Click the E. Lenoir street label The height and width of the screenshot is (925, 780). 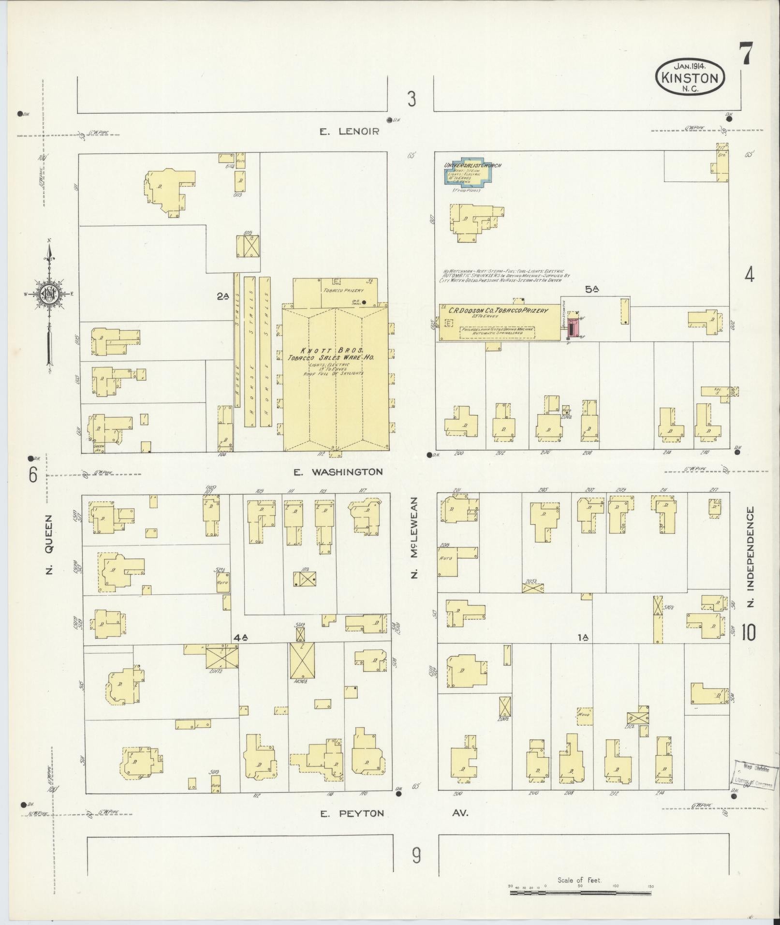point(350,131)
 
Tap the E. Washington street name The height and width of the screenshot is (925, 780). point(338,471)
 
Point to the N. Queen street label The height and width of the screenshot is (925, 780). point(48,544)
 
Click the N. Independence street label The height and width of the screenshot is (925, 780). point(750,557)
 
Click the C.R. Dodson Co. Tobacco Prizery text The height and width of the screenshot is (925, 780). point(498,311)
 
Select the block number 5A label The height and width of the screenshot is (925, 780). point(592,290)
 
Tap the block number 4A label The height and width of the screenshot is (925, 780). point(240,638)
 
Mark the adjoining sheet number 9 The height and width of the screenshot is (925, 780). point(416,856)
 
